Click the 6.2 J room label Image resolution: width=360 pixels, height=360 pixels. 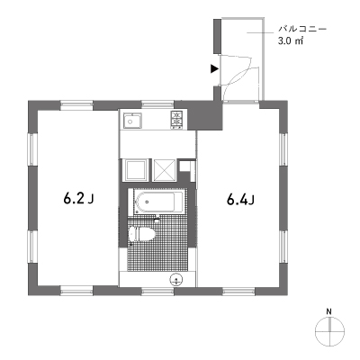(79, 198)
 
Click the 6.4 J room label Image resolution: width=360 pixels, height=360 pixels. (241, 199)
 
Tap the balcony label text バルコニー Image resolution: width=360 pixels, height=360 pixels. (302, 30)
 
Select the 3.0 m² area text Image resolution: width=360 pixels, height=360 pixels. (290, 41)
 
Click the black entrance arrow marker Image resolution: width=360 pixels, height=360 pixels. (214, 68)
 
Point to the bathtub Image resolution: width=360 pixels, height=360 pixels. (155, 202)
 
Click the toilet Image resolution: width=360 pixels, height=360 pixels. (141, 234)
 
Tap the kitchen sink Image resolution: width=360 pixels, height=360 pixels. (131, 121)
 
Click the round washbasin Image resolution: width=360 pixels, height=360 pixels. (175, 280)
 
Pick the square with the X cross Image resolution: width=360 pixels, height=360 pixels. (164, 170)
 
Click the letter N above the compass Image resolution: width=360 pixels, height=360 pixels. (329, 311)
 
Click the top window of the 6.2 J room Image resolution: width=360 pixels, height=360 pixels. (76, 104)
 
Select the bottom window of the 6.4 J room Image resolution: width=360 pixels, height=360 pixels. (238, 291)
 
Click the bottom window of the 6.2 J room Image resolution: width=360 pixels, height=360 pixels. (76, 291)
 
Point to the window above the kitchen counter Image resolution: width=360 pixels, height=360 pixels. (157, 104)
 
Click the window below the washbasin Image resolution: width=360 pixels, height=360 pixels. (157, 291)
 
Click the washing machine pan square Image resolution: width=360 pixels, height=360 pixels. (135, 170)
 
